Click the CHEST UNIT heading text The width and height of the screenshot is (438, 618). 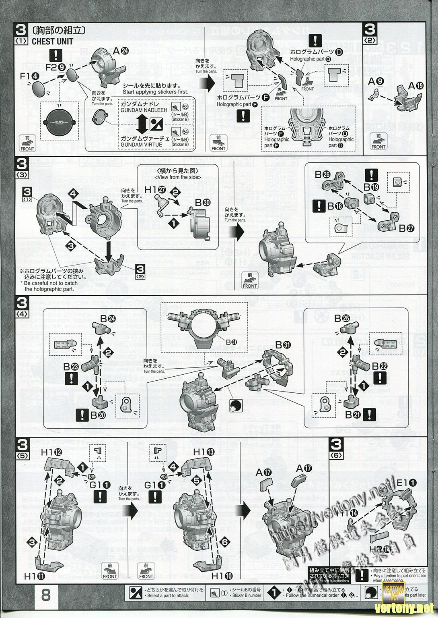52,41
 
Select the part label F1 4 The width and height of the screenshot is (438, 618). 30,75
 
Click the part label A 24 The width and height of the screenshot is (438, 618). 121,51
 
